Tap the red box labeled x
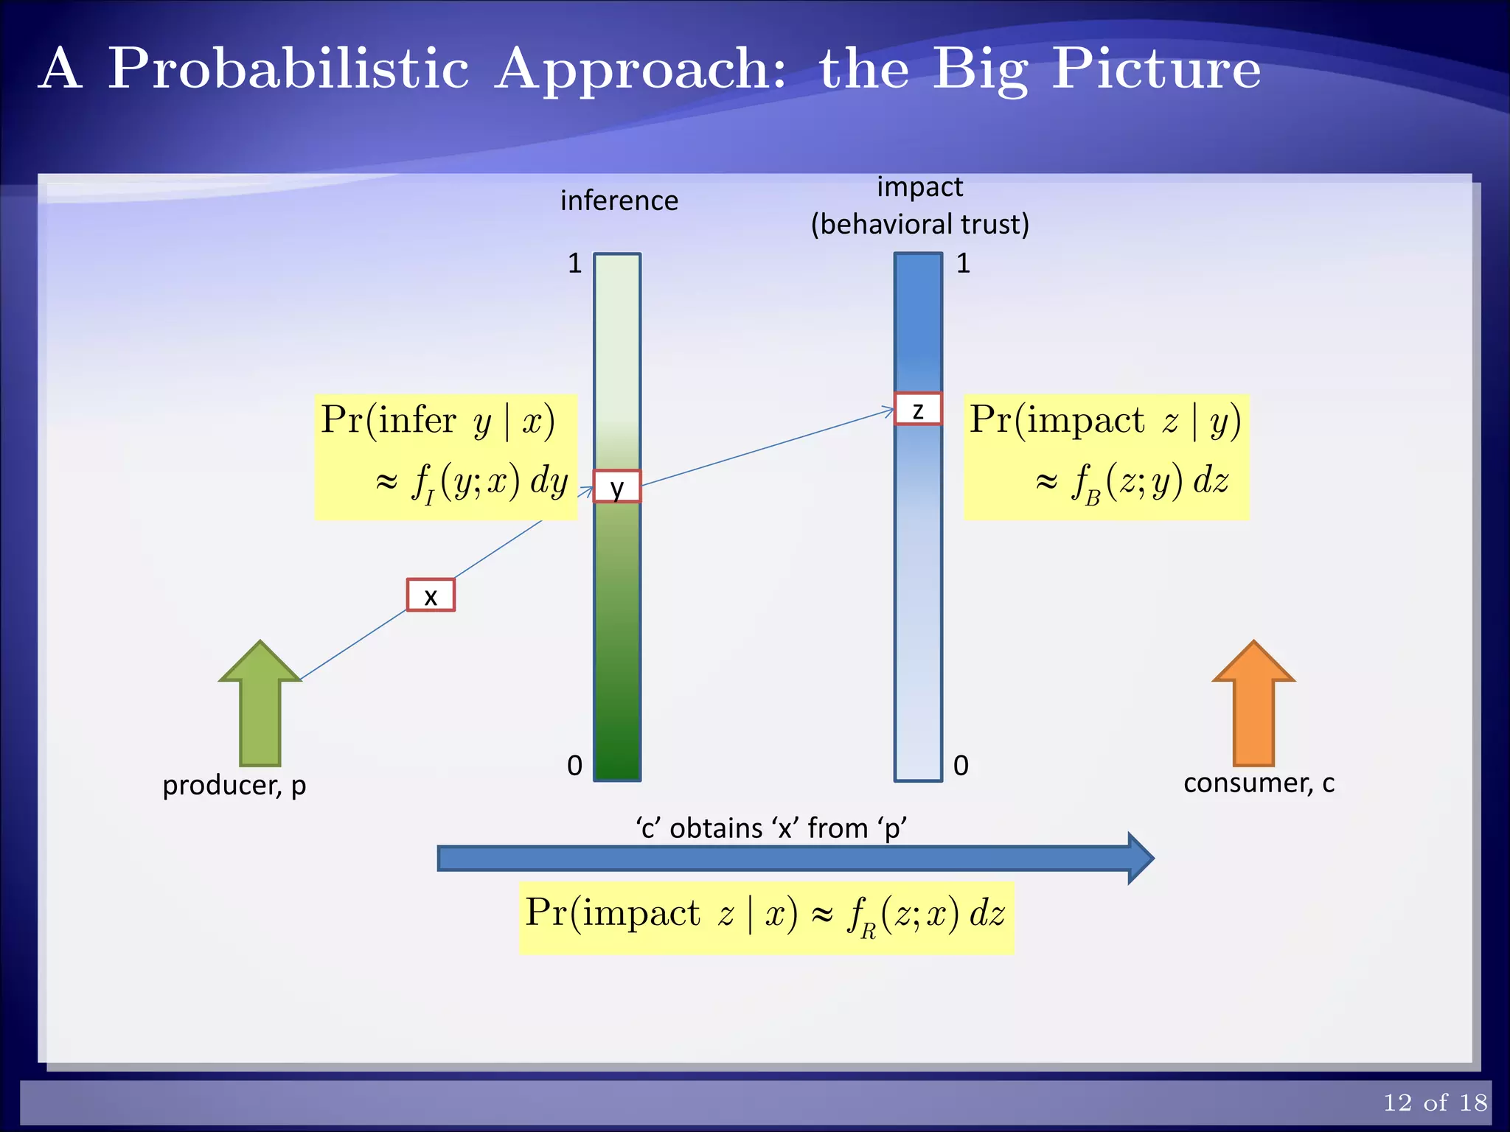431,595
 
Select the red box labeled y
617,487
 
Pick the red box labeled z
918,409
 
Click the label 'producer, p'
234,786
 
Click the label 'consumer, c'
1259,783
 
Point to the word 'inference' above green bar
619,200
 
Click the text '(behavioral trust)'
919,224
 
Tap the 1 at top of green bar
575,263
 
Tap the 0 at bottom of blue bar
961,766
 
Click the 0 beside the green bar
575,766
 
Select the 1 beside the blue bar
963,263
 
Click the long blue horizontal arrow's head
1140,859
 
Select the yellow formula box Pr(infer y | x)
445,457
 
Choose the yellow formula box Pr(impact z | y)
1106,457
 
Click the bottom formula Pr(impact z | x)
766,918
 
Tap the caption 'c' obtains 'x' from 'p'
771,828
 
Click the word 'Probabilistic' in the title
288,69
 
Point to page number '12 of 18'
1435,1103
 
